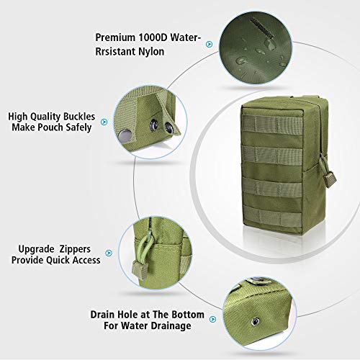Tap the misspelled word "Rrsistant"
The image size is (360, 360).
point(115,51)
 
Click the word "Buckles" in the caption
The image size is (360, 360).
point(76,117)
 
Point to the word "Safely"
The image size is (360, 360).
point(78,127)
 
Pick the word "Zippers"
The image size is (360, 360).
point(75,250)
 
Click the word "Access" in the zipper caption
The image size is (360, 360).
point(86,260)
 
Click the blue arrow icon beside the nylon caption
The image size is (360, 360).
point(210,44)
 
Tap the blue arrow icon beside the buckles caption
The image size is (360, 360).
point(104,122)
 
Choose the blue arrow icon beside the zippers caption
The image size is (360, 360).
point(109,253)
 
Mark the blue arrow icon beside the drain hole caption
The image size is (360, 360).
point(212,319)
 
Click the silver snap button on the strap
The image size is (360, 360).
point(125,136)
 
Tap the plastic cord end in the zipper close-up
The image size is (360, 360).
point(139,269)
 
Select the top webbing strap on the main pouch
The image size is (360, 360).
point(272,124)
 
